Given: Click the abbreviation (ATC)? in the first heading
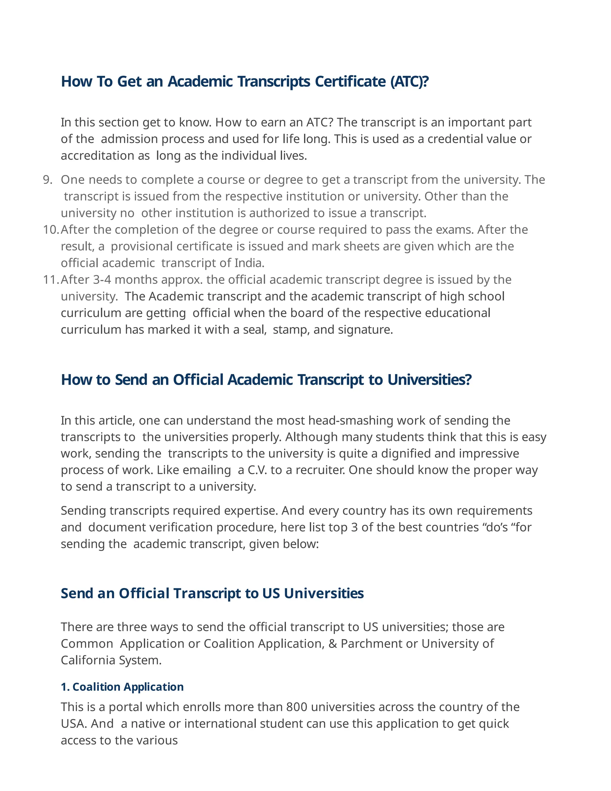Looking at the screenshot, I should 409,81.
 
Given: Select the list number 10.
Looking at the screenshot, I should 50,230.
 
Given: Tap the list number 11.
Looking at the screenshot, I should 50,280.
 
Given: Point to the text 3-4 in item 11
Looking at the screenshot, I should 102,280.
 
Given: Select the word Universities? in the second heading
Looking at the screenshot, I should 429,380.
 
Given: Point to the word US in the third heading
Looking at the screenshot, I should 271,594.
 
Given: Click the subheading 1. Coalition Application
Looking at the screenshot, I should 122,687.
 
